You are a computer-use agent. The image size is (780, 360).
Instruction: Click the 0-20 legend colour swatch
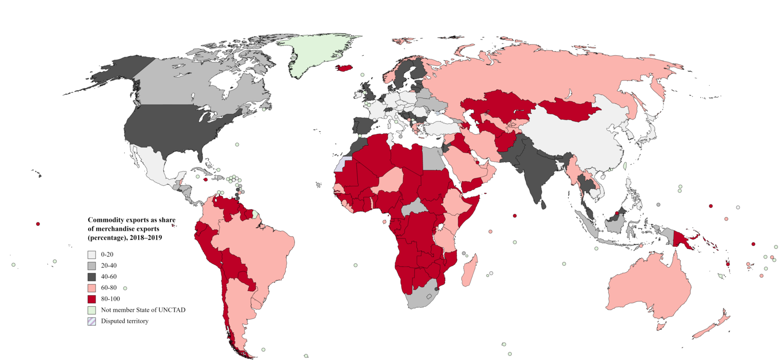(x=92, y=255)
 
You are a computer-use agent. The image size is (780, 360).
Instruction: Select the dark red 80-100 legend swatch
(x=92, y=299)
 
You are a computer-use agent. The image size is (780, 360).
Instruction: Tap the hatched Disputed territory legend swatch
(x=92, y=321)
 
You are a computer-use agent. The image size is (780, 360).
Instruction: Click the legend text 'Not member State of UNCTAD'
(x=143, y=310)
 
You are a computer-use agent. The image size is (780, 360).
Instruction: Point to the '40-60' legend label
(x=109, y=277)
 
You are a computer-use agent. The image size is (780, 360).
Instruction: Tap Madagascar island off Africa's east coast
(x=469, y=271)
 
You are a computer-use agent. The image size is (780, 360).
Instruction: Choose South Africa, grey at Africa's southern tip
(x=419, y=295)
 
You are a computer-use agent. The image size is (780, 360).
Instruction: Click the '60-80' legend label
(x=109, y=288)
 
